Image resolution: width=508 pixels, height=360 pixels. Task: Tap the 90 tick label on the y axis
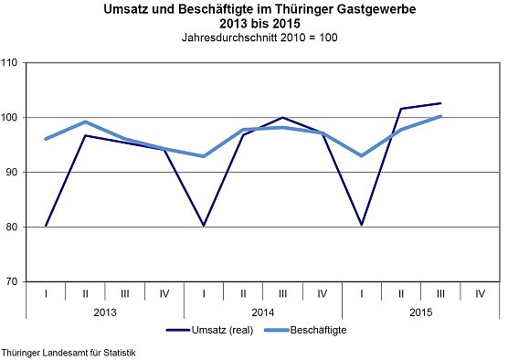coord(14,173)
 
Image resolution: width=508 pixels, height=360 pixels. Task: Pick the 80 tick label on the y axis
coord(14,227)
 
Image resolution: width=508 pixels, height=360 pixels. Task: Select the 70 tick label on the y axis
coord(14,281)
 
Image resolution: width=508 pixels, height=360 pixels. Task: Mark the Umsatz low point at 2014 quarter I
coord(203,225)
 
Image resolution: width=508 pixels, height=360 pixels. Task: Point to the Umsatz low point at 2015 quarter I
coord(361,225)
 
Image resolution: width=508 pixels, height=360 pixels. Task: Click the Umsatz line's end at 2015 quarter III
coord(440,103)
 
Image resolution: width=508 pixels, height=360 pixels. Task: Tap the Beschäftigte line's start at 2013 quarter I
coord(46,139)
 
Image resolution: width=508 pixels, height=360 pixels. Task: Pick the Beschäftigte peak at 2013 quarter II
coord(85,122)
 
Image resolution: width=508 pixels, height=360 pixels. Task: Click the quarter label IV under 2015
coord(480,292)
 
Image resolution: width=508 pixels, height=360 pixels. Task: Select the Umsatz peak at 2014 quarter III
coord(282,118)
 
